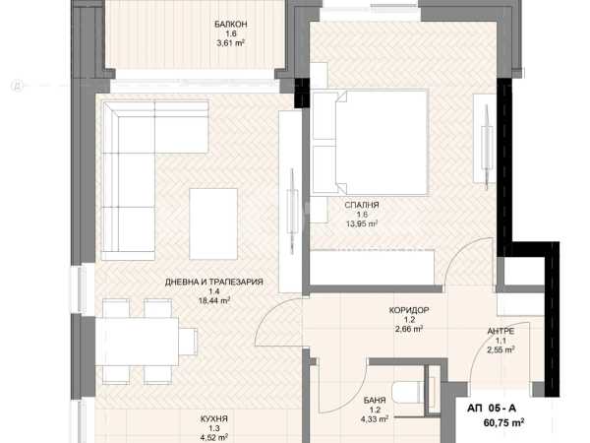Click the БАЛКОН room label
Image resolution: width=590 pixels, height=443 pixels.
231,25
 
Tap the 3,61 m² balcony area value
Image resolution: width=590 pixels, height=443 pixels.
231,43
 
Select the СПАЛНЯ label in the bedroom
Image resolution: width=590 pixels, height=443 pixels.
362,206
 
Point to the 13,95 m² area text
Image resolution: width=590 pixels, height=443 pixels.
362,223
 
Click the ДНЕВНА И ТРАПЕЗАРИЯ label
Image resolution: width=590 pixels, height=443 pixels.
214,282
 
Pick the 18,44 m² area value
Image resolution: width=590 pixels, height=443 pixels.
214,300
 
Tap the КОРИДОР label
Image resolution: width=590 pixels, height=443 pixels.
409,310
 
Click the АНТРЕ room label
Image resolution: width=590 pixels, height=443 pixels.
501,332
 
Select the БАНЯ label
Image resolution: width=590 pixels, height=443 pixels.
375,401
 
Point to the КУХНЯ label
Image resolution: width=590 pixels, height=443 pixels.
214,419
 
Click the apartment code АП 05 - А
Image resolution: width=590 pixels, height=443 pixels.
492,409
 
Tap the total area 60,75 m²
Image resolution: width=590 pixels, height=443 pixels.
503,422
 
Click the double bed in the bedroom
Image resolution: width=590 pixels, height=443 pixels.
371,143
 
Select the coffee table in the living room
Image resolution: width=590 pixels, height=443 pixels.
213,223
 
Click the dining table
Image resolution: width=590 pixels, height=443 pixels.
137,342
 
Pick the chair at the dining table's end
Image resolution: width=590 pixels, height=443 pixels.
188,342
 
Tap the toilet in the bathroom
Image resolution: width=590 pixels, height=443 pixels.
408,392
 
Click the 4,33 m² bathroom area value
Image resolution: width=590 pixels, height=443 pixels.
375,418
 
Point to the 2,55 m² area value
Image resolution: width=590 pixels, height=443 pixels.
501,349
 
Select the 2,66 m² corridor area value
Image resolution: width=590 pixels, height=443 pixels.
409,329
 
